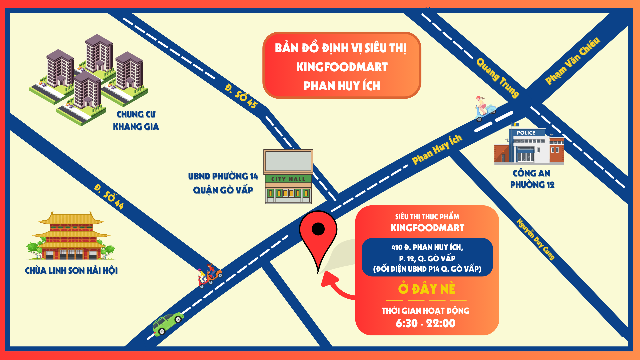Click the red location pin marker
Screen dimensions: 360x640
point(318,233)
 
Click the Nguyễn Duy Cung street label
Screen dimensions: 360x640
point(535,239)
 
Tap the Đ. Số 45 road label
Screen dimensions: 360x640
point(241,96)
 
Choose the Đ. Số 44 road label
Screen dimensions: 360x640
point(109,196)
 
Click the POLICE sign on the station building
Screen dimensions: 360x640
point(526,133)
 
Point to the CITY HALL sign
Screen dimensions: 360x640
point(288,179)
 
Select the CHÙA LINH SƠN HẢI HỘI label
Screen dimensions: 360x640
point(71,270)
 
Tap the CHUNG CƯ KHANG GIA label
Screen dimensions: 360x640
point(136,120)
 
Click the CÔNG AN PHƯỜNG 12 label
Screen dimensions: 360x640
point(532,179)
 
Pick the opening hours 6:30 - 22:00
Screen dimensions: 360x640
point(425,323)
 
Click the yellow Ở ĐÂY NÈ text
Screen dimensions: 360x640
point(427,289)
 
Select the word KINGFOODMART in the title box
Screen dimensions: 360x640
point(342,67)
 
